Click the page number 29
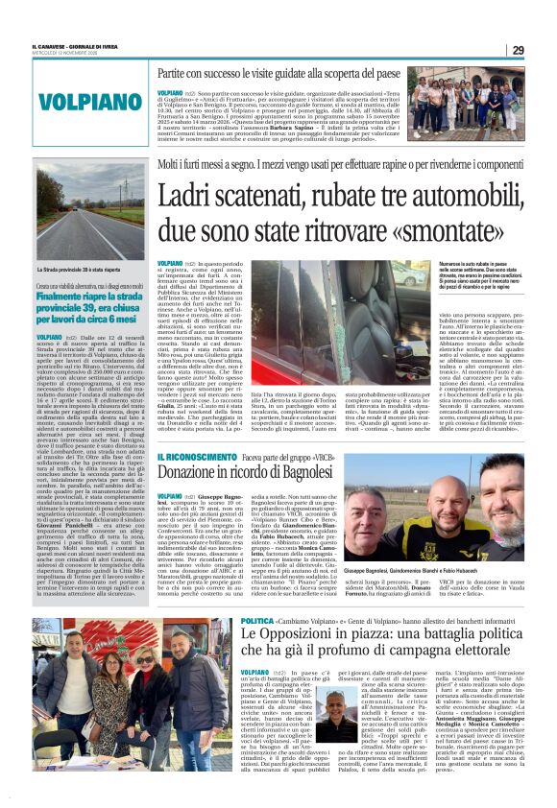point(518,50)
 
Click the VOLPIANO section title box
point(97,101)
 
